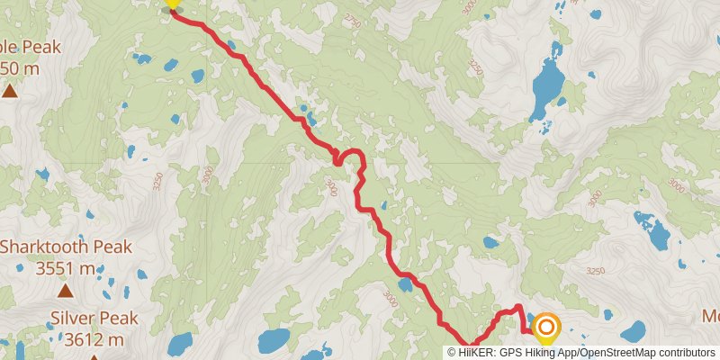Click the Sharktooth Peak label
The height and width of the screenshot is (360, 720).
pos(66,247)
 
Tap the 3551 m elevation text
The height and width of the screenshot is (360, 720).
pos(66,268)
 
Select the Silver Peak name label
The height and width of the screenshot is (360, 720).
pos(94,318)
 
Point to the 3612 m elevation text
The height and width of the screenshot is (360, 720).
pos(94,339)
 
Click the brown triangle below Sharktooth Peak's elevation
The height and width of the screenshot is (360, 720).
pos(66,290)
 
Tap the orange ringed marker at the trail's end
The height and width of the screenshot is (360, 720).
pos(545,326)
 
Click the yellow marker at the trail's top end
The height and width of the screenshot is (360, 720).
pos(172,5)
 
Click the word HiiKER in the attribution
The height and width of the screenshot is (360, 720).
pos(476,352)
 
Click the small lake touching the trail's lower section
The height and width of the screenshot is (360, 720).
pos(406,285)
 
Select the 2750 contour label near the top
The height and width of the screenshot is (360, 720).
pos(351,21)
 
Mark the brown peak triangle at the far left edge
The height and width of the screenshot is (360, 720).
pos(9,91)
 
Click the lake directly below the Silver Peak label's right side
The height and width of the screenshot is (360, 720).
pos(179,343)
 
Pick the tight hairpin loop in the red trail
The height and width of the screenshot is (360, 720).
pos(338,158)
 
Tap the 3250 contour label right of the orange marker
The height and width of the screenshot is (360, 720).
pos(595,269)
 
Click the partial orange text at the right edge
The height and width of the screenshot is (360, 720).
pos(711,317)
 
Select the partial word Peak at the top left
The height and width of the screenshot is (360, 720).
pos(30,47)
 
